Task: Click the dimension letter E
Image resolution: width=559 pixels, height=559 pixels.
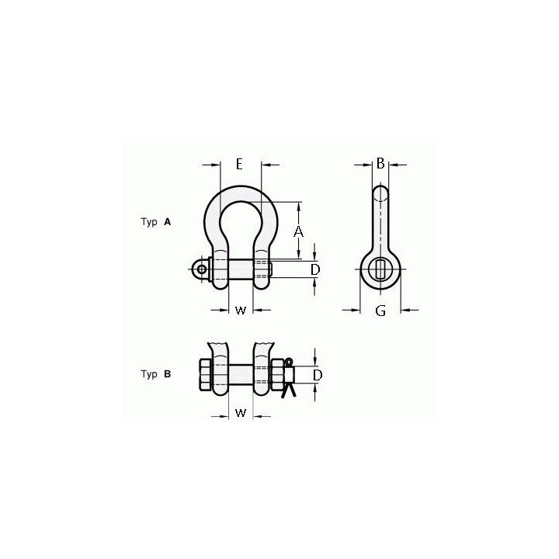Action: [x=239, y=164]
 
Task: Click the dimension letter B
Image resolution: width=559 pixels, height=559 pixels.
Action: [x=380, y=163]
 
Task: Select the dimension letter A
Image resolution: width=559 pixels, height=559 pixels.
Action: [x=298, y=231]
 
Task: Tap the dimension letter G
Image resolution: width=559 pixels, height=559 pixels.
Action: [x=380, y=311]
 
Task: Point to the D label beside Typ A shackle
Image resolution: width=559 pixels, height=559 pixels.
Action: [x=315, y=270]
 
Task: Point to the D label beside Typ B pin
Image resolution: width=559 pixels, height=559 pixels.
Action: [x=318, y=375]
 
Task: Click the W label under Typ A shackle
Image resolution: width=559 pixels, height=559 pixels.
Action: [x=241, y=311]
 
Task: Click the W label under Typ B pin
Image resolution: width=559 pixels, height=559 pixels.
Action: [x=241, y=413]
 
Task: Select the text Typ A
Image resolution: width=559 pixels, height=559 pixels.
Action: [x=156, y=222]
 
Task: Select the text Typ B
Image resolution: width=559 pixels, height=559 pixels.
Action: [x=156, y=374]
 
